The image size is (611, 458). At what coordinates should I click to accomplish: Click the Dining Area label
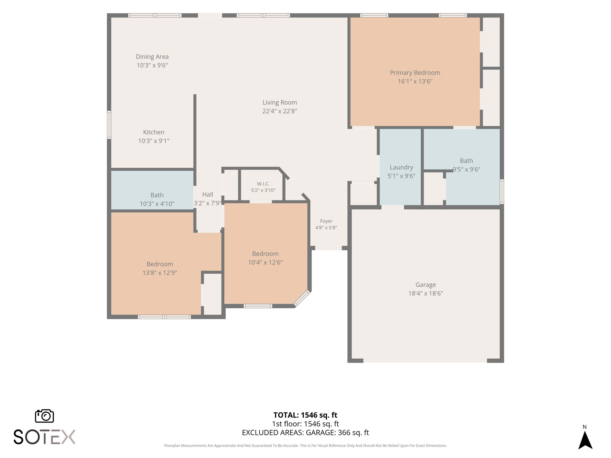152,57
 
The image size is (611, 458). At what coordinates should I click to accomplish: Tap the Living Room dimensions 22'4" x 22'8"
280,111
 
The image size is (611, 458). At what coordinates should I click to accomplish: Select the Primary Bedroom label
415,73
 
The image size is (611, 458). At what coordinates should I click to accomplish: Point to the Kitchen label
154,132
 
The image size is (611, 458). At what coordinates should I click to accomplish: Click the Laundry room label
401,167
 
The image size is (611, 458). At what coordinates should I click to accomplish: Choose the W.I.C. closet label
263,184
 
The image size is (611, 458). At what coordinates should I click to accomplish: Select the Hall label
208,194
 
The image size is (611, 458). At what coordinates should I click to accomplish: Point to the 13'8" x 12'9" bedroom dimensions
160,273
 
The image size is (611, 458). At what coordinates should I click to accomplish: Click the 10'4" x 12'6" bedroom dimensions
265,262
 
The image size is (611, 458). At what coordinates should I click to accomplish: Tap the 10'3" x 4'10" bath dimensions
157,204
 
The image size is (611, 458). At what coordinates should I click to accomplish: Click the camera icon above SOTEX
44,416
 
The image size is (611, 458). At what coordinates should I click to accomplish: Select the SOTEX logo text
44,437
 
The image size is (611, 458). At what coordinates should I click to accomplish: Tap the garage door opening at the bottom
425,360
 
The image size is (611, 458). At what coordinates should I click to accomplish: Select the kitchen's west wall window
109,125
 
